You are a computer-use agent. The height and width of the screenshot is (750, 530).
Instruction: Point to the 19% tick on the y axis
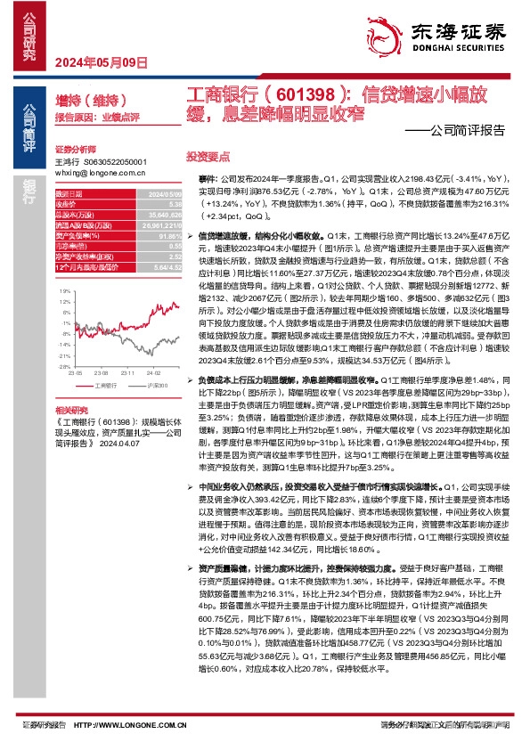tap(64, 291)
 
